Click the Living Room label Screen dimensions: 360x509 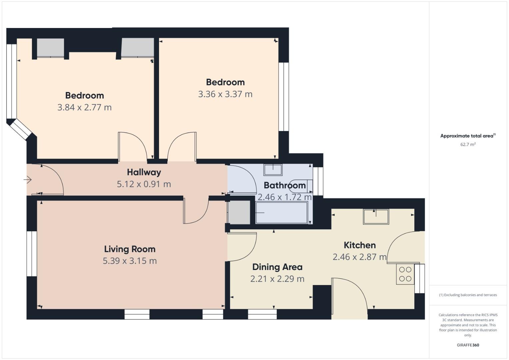tap(130, 249)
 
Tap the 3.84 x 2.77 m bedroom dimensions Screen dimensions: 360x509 tap(84, 107)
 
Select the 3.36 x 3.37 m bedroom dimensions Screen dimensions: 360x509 tap(225, 94)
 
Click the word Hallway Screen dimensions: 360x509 tap(144, 172)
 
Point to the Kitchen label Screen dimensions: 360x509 tap(360, 245)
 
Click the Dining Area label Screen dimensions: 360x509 tap(277, 267)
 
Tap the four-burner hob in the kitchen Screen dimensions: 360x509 tap(405, 274)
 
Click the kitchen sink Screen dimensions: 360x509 tap(376, 217)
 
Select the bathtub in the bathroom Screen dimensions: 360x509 tap(282, 213)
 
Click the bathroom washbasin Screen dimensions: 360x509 tap(273, 170)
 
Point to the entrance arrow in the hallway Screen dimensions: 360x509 tap(28, 180)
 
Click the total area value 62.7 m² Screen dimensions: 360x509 tap(468, 144)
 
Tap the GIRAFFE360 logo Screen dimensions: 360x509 tap(468, 345)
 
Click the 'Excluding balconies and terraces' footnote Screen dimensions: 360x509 tap(468, 295)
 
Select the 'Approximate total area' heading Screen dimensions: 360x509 tap(468, 136)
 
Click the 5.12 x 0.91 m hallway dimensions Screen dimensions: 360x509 tap(144, 184)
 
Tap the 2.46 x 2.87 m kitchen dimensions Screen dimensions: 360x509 tap(360, 257)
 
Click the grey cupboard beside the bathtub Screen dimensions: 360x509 tap(239, 212)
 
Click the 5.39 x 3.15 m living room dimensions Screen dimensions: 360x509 tap(130, 261)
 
